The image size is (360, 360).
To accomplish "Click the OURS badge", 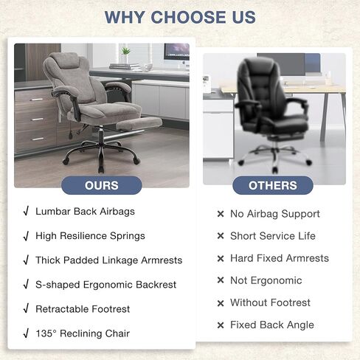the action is coord(102,185).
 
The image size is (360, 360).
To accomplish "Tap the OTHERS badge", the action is coord(273,185).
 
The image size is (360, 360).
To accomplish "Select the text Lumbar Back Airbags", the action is coord(85,212).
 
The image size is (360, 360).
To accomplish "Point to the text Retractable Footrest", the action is coord(83,309).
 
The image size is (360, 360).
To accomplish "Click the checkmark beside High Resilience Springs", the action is coord(26,236).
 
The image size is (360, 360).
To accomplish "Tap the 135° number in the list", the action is coord(46,333).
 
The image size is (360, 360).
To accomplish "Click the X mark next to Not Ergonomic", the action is coord(221,280).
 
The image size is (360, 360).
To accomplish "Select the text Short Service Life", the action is coord(273,236).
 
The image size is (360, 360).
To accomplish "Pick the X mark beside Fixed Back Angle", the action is coord(221,325).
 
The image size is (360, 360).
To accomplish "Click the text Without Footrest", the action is coord(270,302).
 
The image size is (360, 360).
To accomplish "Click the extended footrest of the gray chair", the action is coord(139,123).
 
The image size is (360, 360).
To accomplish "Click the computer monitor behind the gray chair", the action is coord(176,53).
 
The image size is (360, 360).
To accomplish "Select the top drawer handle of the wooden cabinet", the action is coord(36,100).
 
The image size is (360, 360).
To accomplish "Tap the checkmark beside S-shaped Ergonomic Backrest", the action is coord(26,285).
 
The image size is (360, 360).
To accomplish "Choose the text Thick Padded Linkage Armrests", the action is coord(109,260).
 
